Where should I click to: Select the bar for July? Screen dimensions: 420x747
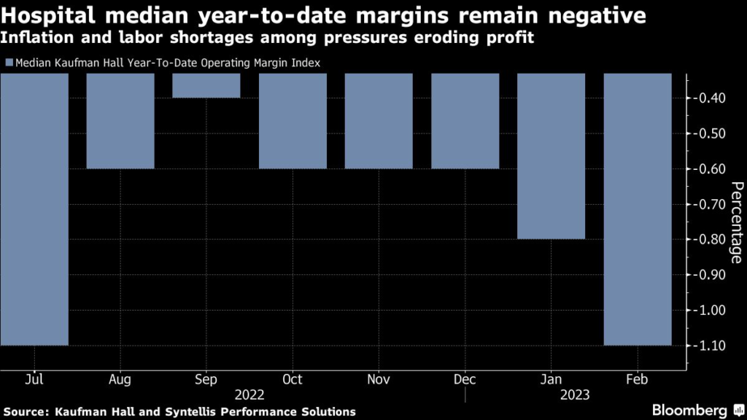(x=34, y=209)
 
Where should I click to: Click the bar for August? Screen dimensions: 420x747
(x=120, y=121)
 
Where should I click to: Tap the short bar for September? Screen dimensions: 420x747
(x=206, y=86)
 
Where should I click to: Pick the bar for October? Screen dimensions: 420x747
(x=293, y=121)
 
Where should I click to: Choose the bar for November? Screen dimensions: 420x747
(x=379, y=121)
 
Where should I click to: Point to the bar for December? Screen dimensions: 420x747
(x=465, y=121)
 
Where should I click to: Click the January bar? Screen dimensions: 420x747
(x=551, y=156)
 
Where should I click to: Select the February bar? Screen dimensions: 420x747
(x=637, y=209)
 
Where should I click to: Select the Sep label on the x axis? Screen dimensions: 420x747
(x=206, y=380)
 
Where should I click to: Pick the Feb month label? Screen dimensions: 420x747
(x=638, y=380)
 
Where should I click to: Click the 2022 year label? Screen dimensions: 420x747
(x=250, y=394)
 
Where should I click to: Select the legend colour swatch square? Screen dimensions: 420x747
(x=8, y=63)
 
